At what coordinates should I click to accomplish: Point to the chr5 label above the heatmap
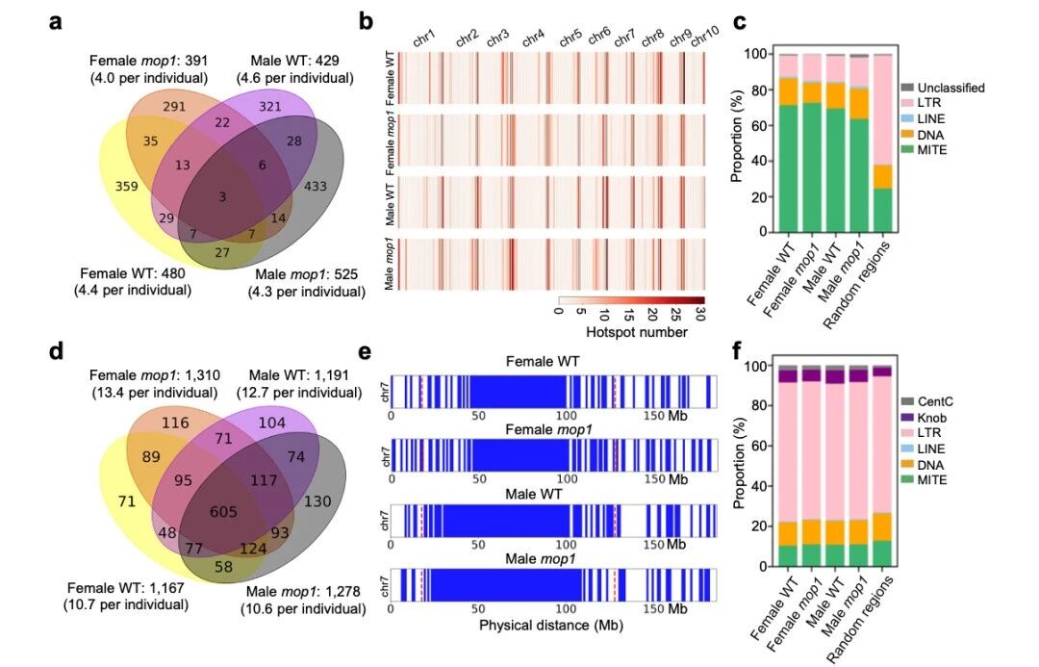click(570, 37)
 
